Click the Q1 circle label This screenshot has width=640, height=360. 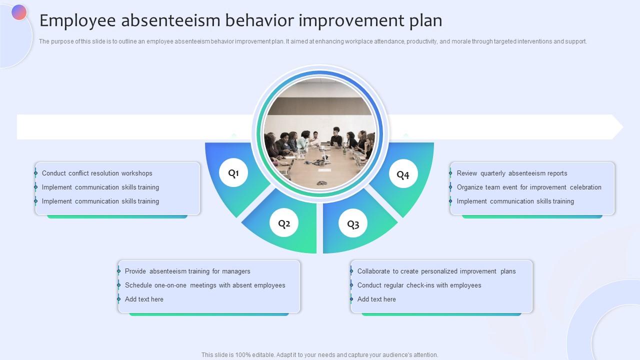[x=233, y=173]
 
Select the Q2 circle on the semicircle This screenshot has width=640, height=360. [x=284, y=223]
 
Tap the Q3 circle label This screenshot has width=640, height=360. [x=353, y=224]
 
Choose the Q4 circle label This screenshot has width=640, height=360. [x=403, y=174]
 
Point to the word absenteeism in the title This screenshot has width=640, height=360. [x=170, y=20]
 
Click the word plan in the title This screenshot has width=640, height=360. [x=425, y=20]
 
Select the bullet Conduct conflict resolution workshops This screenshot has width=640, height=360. [x=97, y=173]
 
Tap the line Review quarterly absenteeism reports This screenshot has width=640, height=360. [x=512, y=173]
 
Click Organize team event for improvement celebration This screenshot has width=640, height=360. [x=529, y=187]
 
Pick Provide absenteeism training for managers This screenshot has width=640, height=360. [x=187, y=271]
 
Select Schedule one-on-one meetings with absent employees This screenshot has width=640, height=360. [x=205, y=285]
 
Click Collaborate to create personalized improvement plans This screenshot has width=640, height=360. [x=436, y=271]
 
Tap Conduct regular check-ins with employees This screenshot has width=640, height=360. [x=419, y=285]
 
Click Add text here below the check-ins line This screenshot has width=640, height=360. [x=376, y=299]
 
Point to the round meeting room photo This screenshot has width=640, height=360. [x=320, y=133]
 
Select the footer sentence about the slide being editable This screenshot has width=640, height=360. [x=320, y=355]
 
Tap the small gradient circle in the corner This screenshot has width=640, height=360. [x=19, y=12]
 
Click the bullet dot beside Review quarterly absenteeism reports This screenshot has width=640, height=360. [x=450, y=173]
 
